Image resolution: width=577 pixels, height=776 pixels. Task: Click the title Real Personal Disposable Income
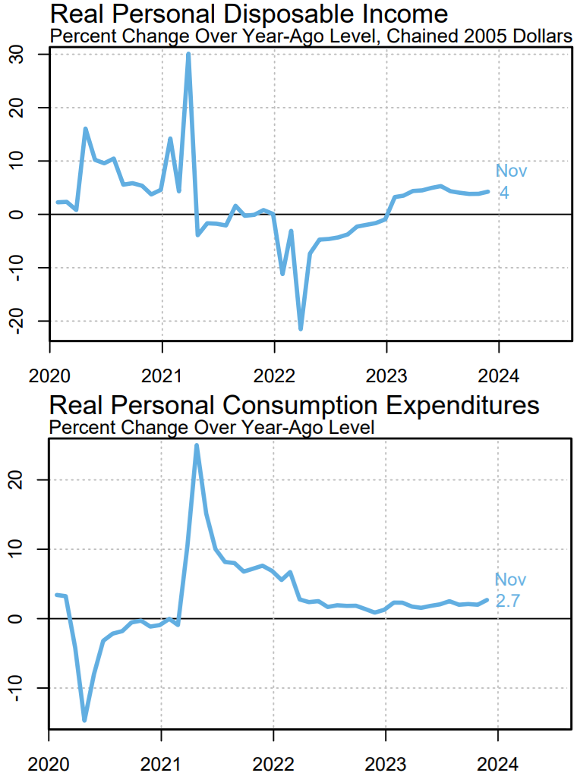click(x=248, y=14)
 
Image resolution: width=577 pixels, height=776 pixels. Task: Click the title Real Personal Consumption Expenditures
click(x=294, y=405)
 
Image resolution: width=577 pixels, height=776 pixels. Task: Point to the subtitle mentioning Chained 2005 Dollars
click(x=310, y=36)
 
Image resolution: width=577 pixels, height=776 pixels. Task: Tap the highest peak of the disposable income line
click(x=188, y=54)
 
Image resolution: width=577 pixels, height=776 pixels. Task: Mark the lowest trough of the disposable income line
click(x=301, y=328)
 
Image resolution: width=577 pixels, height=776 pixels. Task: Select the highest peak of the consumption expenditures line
click(x=197, y=445)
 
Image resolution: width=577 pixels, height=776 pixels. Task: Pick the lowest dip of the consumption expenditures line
click(x=84, y=720)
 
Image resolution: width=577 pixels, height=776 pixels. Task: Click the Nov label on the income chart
click(x=511, y=171)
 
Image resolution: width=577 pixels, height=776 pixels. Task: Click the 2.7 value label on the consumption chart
click(x=511, y=600)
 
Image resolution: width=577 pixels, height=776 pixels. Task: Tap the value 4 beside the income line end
click(x=504, y=193)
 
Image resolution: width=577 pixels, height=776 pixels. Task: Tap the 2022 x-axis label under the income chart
click(x=274, y=375)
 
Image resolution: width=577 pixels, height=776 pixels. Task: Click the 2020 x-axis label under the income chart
click(x=49, y=375)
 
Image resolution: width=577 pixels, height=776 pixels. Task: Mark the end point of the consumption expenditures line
click(x=487, y=599)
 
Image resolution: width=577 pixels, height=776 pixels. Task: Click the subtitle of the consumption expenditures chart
click(x=212, y=426)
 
